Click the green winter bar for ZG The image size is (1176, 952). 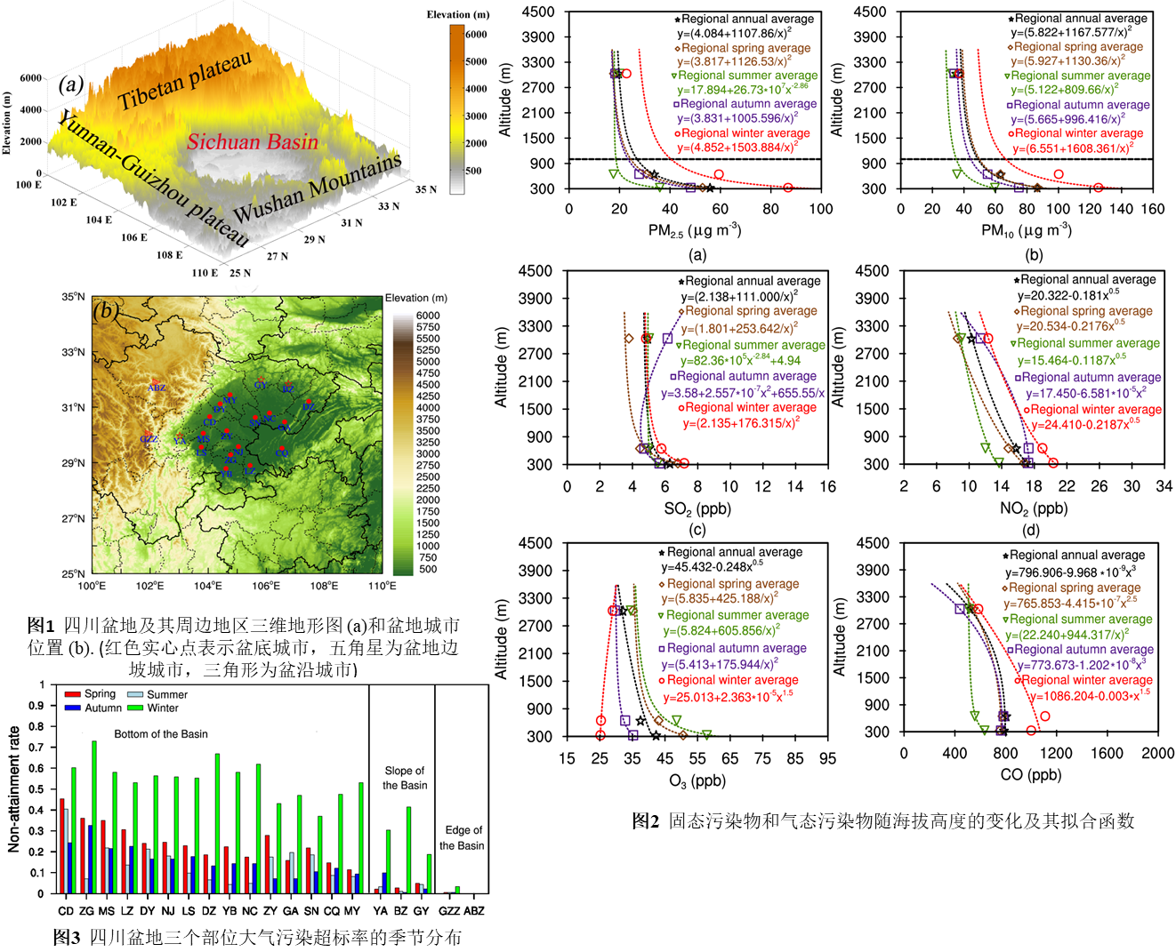click(x=94, y=817)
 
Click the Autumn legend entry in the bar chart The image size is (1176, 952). click(x=93, y=708)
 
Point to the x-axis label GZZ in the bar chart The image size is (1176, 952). click(x=449, y=911)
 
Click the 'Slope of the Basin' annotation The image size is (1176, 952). click(x=404, y=778)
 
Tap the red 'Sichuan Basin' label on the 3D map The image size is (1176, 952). click(x=252, y=142)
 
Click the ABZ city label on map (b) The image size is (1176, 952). click(x=157, y=388)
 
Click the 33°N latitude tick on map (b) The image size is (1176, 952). click(x=74, y=353)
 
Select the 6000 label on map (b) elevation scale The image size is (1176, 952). click(x=428, y=316)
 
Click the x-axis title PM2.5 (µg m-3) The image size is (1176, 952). click(x=695, y=231)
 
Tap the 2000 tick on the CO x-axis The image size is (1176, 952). click(x=1157, y=753)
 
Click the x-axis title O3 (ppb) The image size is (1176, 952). click(x=697, y=781)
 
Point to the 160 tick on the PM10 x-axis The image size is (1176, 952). click(x=1152, y=209)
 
